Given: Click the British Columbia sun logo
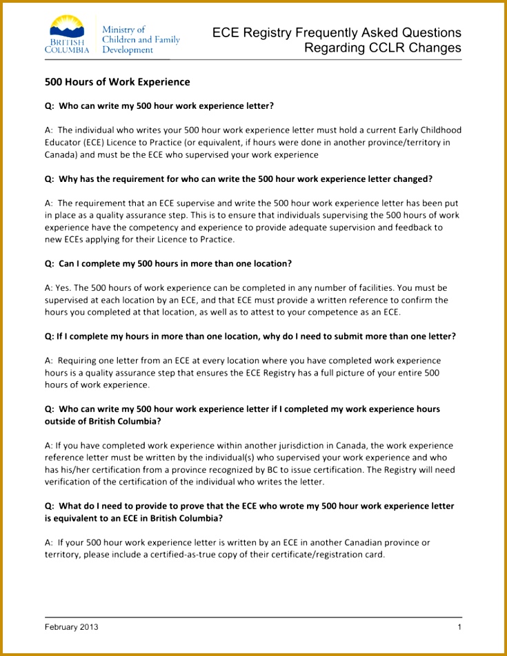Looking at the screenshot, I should [x=66, y=28].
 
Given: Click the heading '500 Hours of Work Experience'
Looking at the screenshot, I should [x=117, y=82].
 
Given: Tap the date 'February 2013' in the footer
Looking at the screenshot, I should [x=72, y=627].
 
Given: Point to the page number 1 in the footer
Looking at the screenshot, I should [x=459, y=627].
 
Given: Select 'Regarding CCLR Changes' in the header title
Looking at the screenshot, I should [x=383, y=48].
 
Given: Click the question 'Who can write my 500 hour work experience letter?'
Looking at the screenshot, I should [x=166, y=106].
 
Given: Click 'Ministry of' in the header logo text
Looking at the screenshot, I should [x=123, y=30].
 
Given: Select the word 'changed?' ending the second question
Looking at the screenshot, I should [x=412, y=179].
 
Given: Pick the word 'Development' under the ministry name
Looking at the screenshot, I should [x=128, y=50].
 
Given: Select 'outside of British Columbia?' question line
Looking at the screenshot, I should [x=103, y=421].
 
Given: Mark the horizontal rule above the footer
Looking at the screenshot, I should [x=253, y=617].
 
